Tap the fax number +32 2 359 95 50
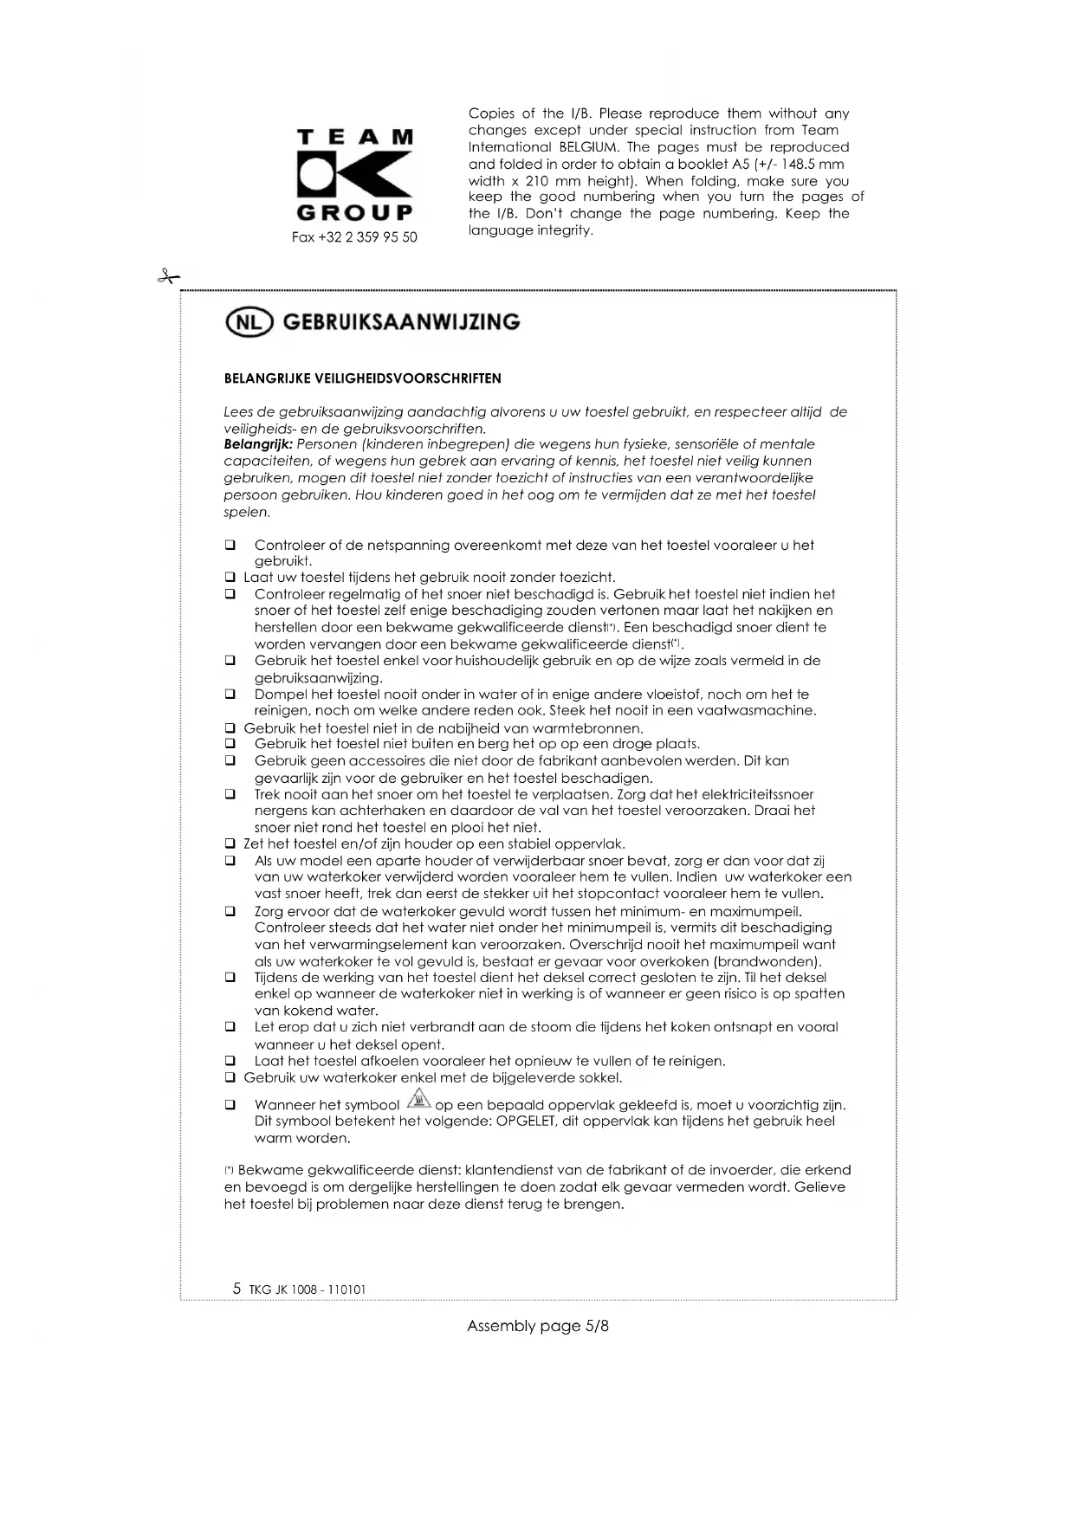354,237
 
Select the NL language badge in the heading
249,322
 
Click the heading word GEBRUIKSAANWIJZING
402,322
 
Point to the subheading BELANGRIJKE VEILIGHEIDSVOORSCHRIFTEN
362,378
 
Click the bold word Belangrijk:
258,444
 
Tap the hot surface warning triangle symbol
418,1101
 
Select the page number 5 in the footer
236,1288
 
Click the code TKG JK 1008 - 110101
308,1290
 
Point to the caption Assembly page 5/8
538,1326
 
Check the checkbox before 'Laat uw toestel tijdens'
230,578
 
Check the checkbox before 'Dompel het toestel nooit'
230,695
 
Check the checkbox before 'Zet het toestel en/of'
230,844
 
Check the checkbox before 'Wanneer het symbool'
230,1106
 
